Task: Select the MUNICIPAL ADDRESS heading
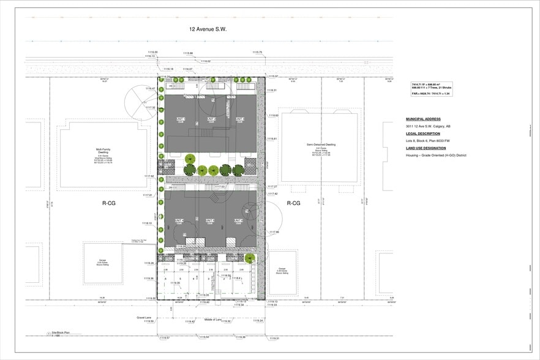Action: [423, 119]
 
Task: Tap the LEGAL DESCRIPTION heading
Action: [422, 133]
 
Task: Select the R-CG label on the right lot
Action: [294, 203]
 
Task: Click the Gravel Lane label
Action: [143, 318]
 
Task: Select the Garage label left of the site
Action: [102, 262]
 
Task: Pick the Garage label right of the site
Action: [282, 269]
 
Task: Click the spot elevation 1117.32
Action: [150, 108]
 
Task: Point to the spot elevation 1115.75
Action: [257, 53]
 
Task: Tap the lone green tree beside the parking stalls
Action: [250, 258]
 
